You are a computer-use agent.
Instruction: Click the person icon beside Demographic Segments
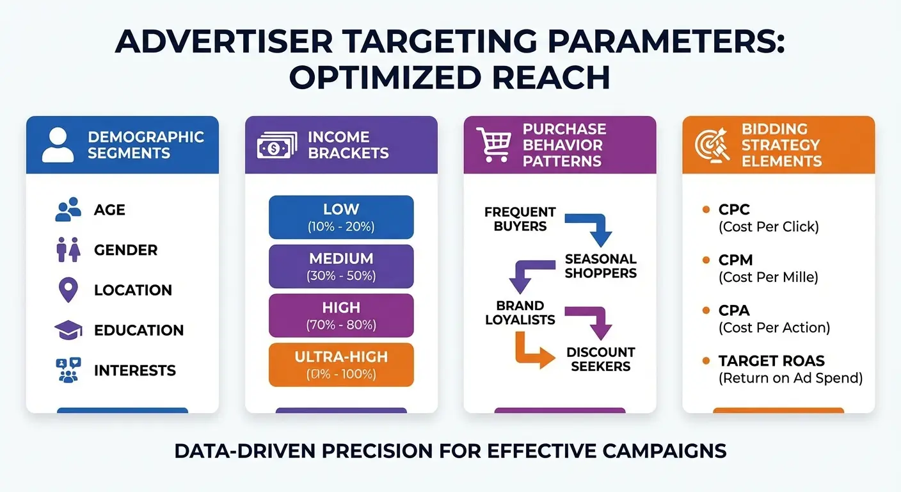pos(58,145)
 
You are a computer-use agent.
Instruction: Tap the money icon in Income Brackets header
pos(277,145)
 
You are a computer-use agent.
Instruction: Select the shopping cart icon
pos(493,145)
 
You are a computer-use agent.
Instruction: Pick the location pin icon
pos(68,290)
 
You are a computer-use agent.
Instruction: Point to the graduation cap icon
pos(68,331)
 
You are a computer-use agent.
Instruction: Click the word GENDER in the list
pos(125,250)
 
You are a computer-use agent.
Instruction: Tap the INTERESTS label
pos(134,370)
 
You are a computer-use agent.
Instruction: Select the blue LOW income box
pos(341,217)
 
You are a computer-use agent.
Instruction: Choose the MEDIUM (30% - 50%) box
pos(341,266)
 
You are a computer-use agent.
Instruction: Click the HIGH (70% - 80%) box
pos(341,315)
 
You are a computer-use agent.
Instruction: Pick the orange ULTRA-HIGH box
pos(341,365)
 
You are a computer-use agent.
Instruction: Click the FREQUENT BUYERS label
pos(520,218)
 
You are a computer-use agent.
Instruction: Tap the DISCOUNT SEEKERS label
pos(600,359)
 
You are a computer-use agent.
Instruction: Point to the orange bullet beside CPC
pos(706,209)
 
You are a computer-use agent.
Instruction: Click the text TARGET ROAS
pos(762,361)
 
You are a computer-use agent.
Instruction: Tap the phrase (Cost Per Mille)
pos(768,277)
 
